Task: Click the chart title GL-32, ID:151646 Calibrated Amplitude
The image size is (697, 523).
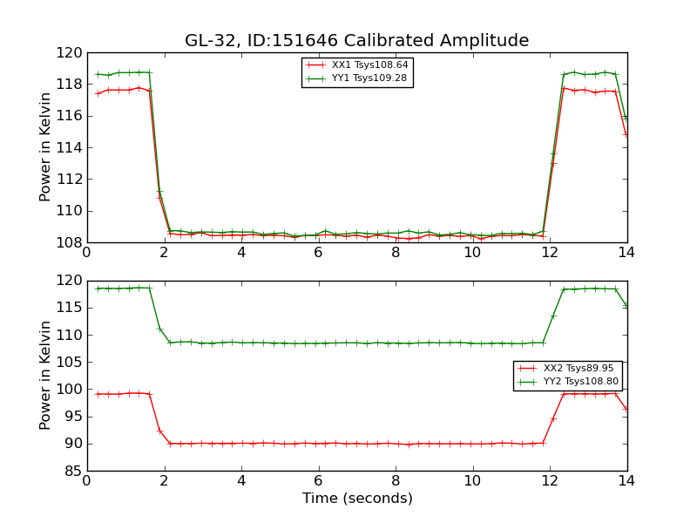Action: pos(356,41)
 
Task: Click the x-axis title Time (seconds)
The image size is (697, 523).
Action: pos(357,499)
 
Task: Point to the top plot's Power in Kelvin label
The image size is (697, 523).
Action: pos(46,147)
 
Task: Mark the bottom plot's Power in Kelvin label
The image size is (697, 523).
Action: pos(46,375)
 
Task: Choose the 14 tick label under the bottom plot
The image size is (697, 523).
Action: pos(626,481)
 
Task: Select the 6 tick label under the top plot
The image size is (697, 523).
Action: pos(319,253)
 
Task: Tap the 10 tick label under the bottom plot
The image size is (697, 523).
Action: pos(472,481)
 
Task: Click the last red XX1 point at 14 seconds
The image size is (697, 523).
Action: pos(626,134)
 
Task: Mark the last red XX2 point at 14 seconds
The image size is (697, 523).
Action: pos(626,408)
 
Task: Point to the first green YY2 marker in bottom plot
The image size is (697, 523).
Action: pos(98,289)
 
